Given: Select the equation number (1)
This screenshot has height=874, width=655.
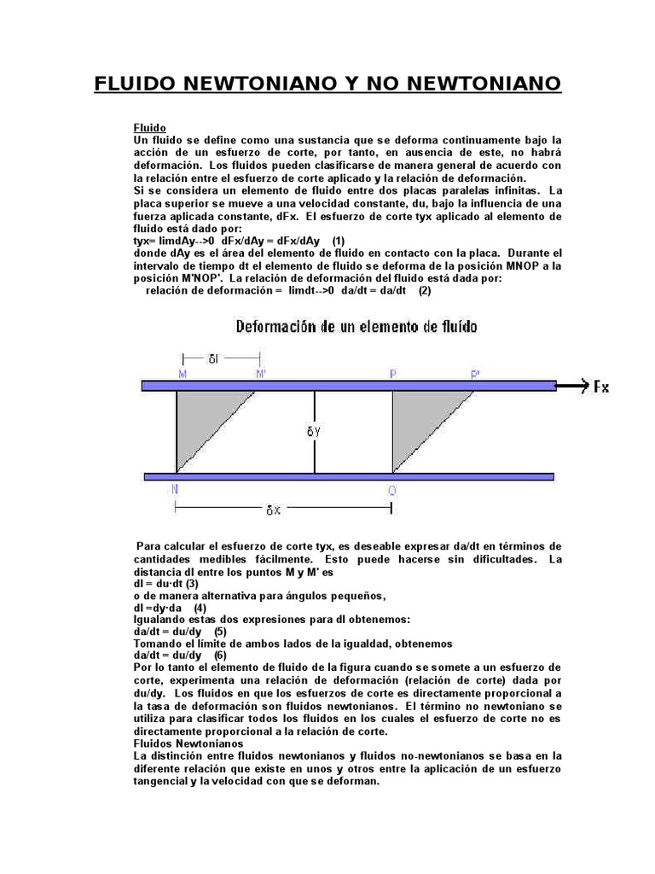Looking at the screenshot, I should (x=339, y=241).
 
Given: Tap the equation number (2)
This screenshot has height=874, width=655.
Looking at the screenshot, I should (x=425, y=290).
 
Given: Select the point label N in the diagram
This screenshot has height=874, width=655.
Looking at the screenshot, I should (x=175, y=489).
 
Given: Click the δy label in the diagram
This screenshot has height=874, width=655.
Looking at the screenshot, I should (x=314, y=432).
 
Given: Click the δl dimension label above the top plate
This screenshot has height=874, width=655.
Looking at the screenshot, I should (x=213, y=358).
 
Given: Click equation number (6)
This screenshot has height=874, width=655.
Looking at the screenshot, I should (x=221, y=655).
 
